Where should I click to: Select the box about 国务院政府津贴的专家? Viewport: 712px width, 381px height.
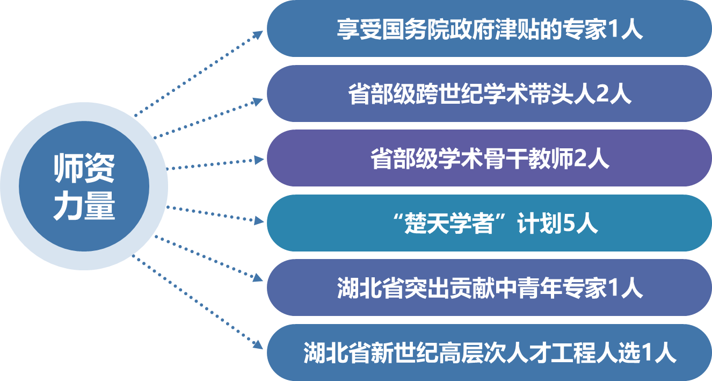489,29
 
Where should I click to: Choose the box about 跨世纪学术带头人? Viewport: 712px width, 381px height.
489,94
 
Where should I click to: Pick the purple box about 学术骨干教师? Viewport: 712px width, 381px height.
489,159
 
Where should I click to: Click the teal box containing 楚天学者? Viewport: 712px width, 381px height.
489,223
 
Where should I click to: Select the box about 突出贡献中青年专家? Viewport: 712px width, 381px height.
489,287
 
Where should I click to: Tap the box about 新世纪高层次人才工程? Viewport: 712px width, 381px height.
489,353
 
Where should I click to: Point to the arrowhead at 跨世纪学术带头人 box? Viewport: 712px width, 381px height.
259,101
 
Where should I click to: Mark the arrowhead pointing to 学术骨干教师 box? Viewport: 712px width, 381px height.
259,160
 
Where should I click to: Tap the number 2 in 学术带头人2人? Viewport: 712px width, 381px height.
603,95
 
